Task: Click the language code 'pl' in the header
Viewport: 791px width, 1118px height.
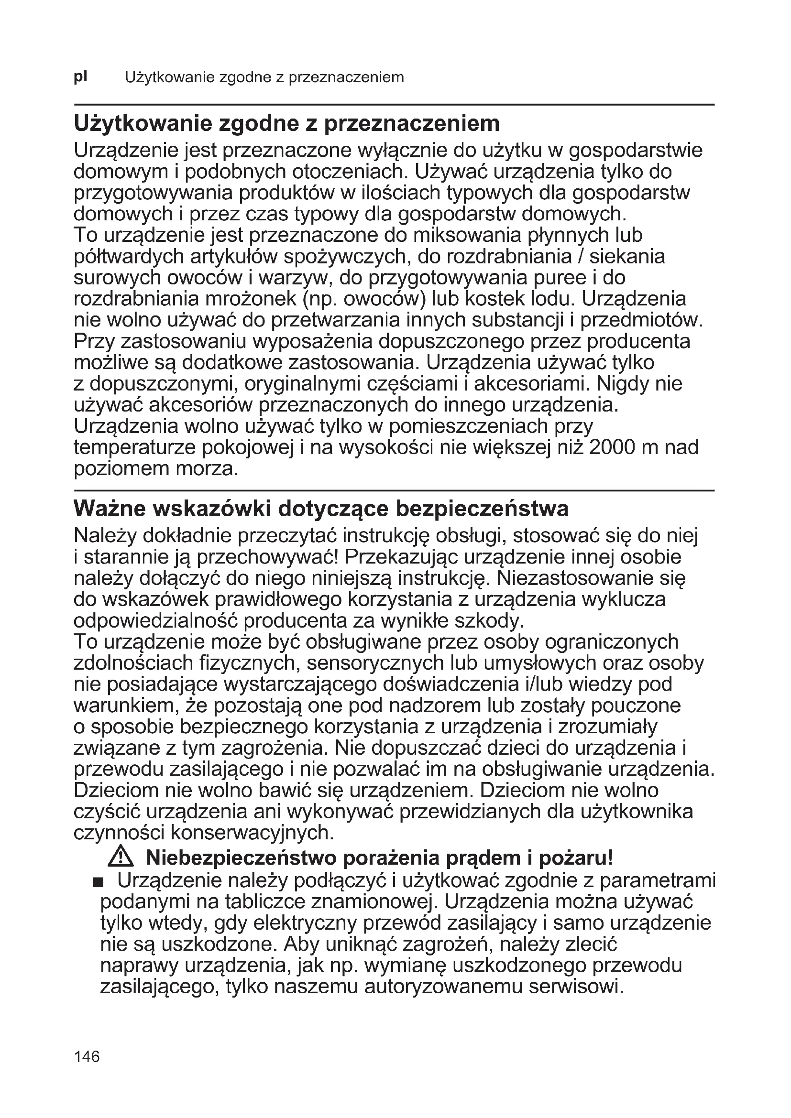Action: click(80, 77)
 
